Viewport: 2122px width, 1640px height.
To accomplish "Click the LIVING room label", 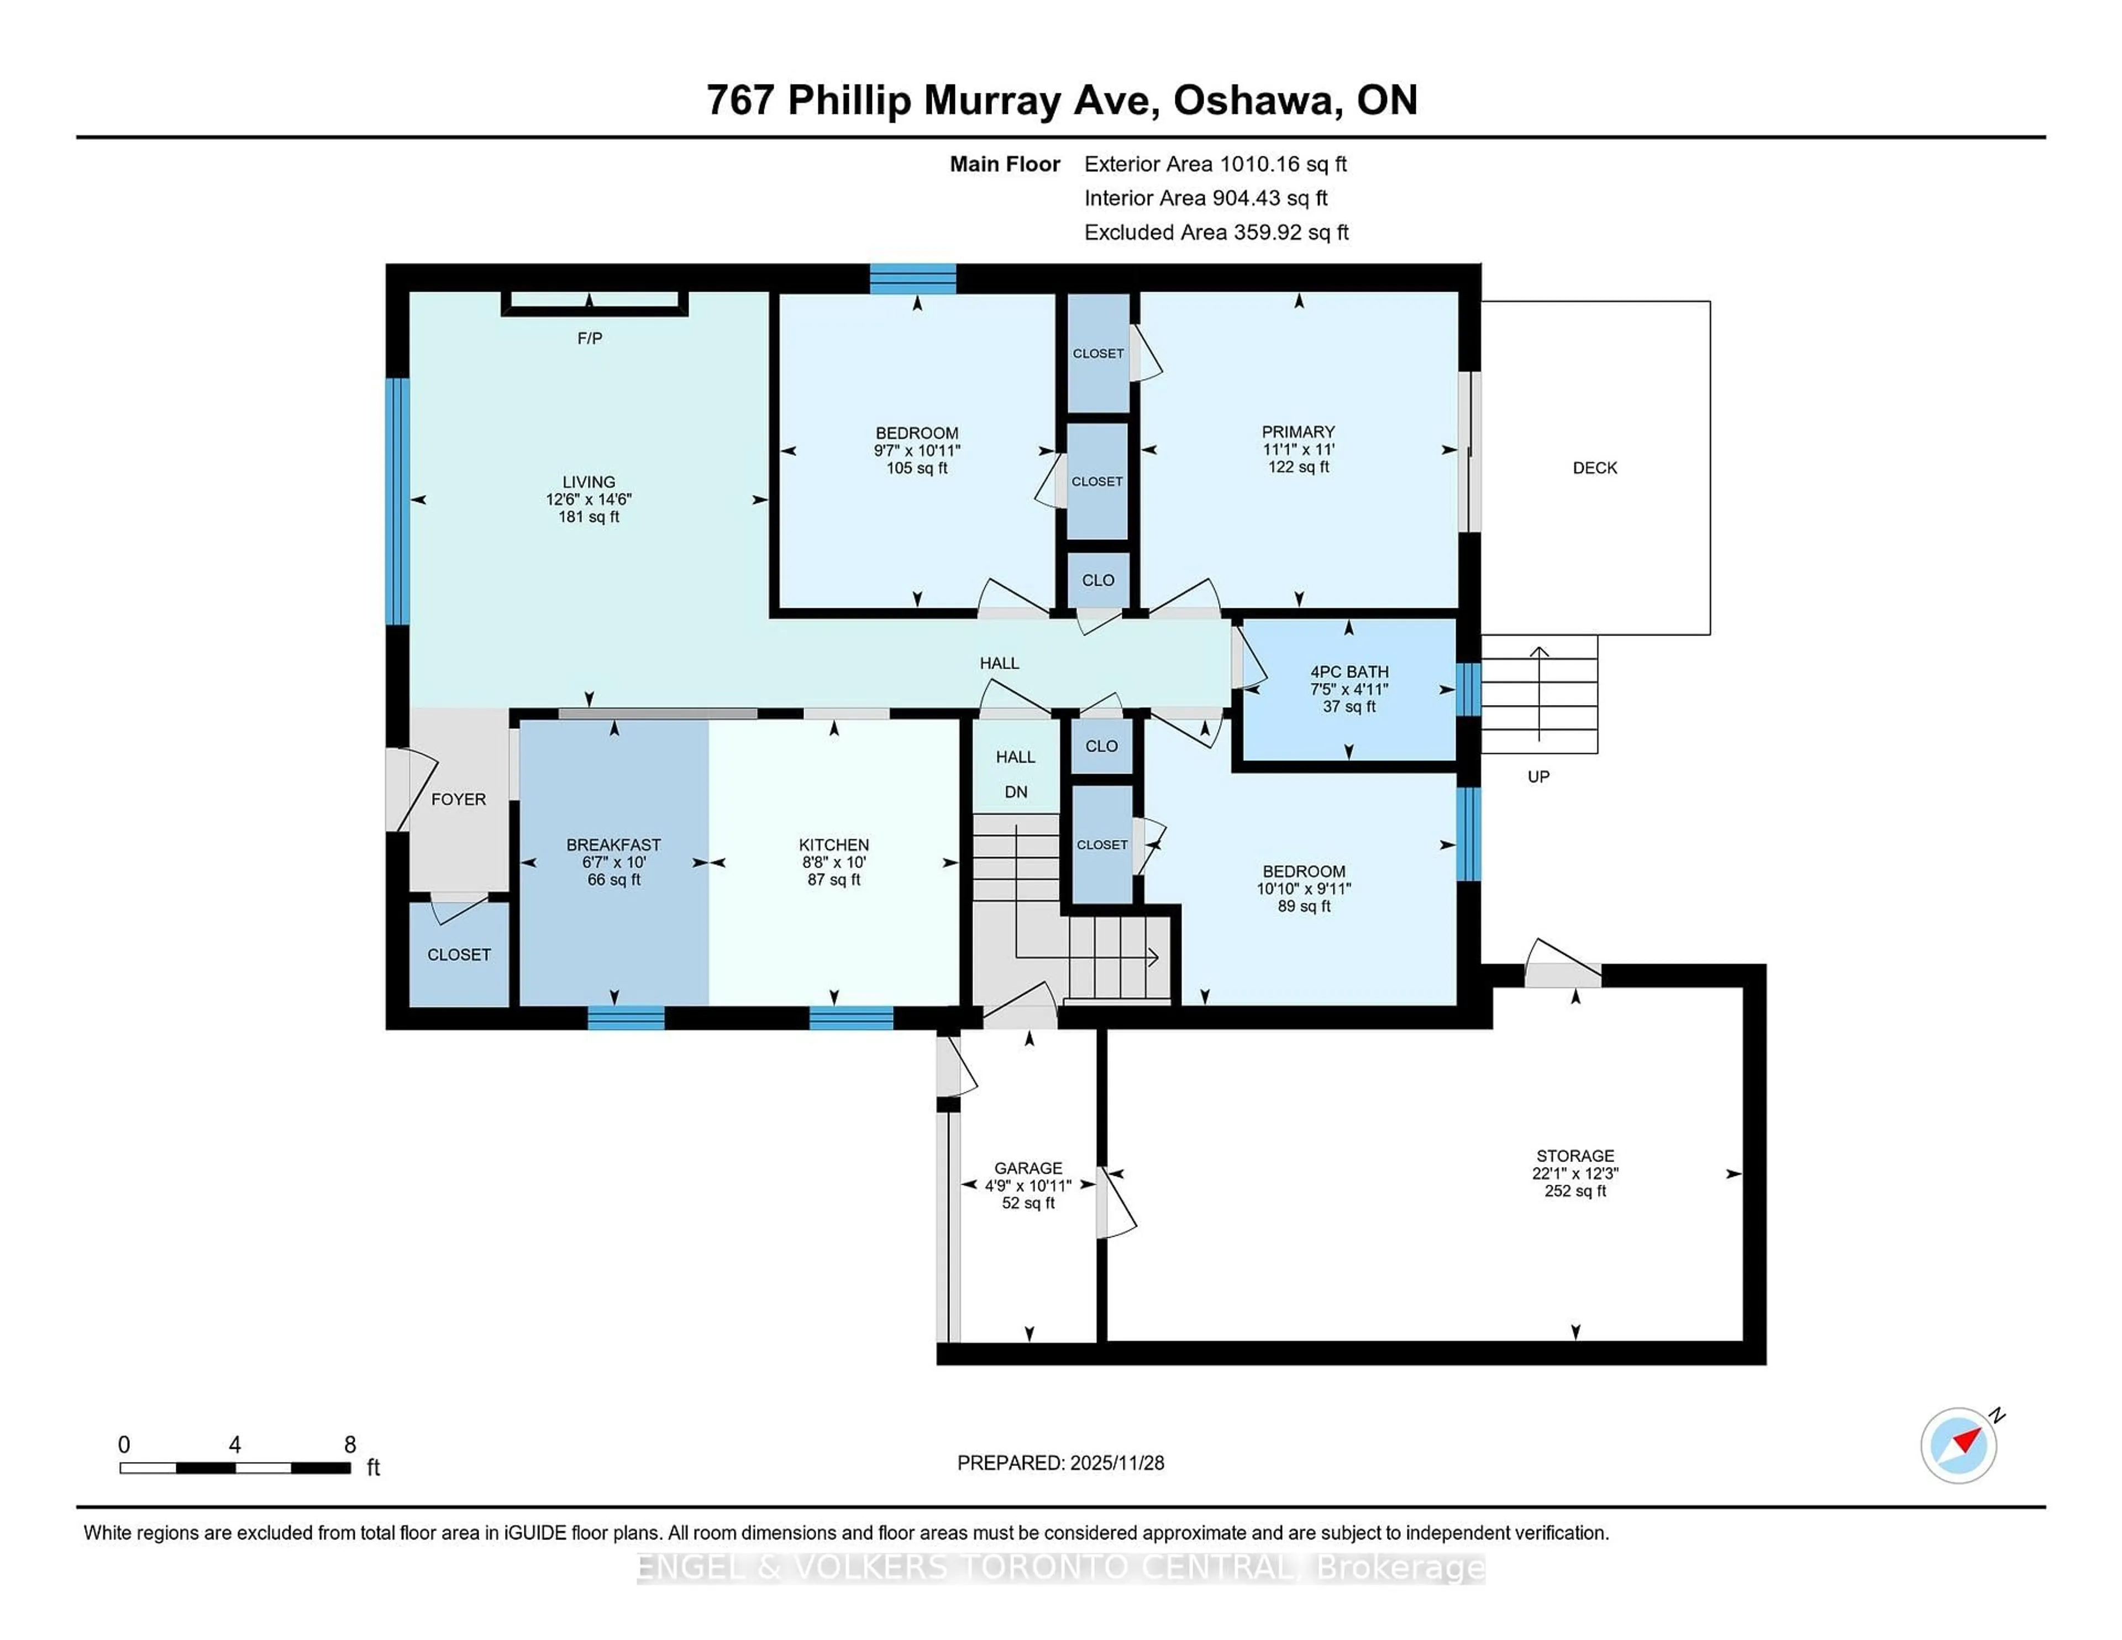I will click(588, 482).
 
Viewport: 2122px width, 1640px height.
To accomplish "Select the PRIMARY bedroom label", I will click(1298, 432).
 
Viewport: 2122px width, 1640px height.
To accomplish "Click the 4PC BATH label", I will click(1348, 671).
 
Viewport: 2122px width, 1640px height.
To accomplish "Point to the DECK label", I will click(1594, 467).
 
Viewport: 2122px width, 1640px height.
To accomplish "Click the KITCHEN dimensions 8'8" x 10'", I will click(834, 862).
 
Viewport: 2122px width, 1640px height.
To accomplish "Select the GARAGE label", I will click(1028, 1168).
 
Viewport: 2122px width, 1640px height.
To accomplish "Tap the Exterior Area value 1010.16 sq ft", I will click(1283, 164).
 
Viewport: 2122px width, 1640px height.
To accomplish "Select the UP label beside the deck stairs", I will click(1538, 776).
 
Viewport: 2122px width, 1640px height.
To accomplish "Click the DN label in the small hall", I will click(1015, 792).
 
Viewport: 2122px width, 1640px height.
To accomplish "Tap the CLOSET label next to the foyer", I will click(459, 954).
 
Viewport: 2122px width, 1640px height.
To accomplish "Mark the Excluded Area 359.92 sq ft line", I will click(1216, 232).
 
